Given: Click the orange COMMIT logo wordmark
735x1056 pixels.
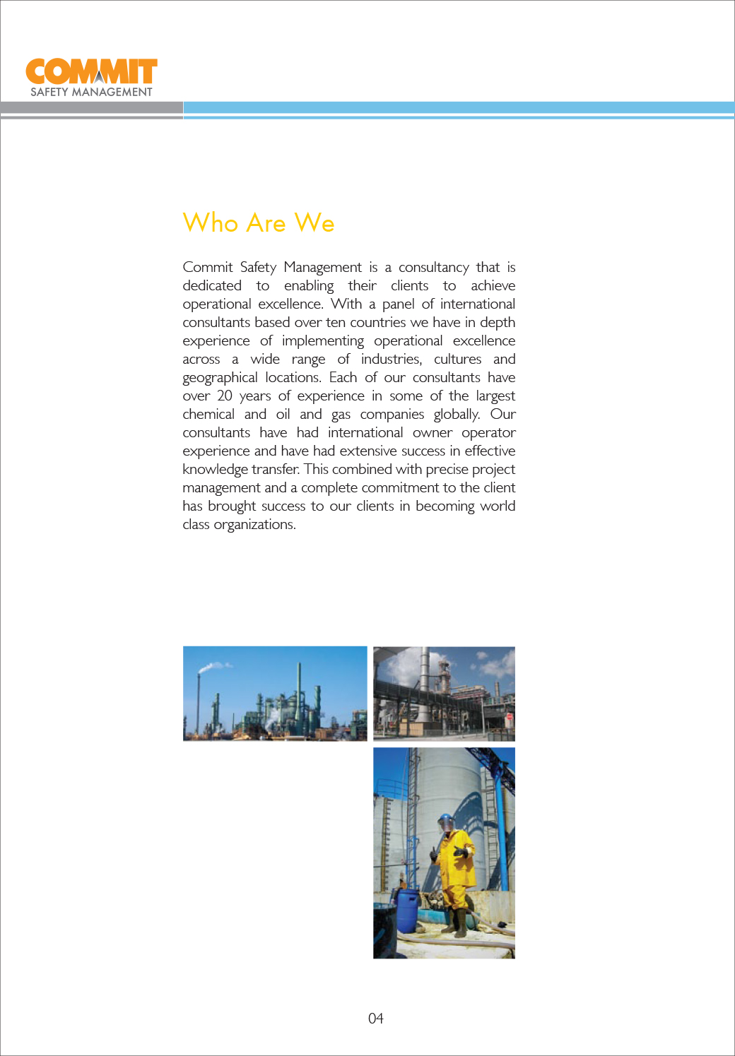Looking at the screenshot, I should (x=91, y=72).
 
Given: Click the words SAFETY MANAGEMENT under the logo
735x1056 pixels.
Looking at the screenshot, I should (x=91, y=92).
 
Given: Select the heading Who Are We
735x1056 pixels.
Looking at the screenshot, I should (x=258, y=223).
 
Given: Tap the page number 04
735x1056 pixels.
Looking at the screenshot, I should (x=375, y=1018).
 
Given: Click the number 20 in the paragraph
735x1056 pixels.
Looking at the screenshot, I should (x=224, y=396).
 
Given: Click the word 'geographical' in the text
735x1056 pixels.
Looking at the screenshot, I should (x=220, y=377).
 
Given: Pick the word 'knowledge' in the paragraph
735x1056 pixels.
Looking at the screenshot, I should (x=215, y=469).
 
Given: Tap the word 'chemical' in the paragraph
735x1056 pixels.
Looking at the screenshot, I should (x=208, y=414).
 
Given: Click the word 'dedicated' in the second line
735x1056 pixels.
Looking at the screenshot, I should (x=212, y=285).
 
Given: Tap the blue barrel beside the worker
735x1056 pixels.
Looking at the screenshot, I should (x=407, y=912).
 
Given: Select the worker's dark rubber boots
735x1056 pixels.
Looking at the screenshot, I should (x=459, y=922).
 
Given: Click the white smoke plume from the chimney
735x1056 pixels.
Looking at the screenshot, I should (x=212, y=666).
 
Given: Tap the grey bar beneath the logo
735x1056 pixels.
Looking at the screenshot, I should (x=91, y=107).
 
